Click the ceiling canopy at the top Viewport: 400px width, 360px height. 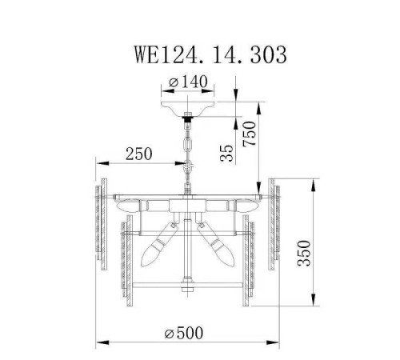189,105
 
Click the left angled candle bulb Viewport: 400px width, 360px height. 156,245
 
